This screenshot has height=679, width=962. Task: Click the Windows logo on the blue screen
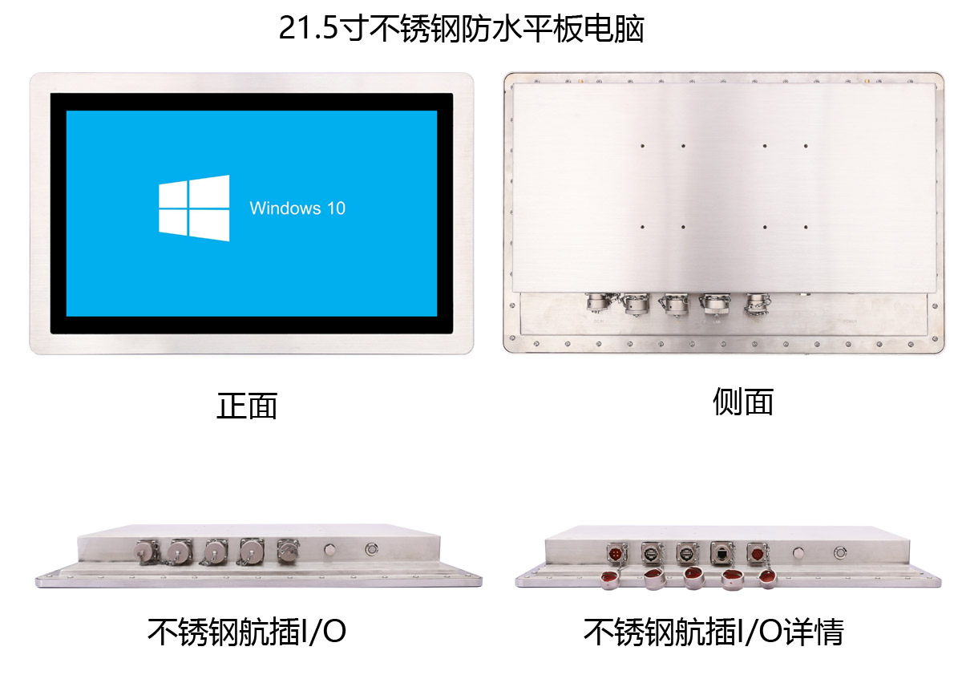(194, 208)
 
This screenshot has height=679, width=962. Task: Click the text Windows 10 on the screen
(297, 208)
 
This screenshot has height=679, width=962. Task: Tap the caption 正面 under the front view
(247, 406)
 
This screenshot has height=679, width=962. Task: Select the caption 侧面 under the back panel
(743, 401)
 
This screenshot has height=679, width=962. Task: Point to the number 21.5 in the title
(309, 28)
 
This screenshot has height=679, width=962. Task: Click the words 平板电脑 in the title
(583, 28)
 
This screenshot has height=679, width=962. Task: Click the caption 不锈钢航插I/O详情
(713, 632)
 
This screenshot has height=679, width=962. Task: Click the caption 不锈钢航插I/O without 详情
(247, 632)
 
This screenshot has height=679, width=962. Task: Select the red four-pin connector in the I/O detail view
(616, 553)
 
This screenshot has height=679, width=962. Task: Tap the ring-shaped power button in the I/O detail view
(839, 552)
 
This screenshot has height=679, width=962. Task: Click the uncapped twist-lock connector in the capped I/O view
(287, 551)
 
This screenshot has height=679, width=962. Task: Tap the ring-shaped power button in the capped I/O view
(371, 549)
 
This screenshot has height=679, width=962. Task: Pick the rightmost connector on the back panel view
(757, 305)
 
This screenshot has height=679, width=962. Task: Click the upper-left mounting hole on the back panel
(642, 146)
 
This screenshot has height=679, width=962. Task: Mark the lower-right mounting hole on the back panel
(806, 227)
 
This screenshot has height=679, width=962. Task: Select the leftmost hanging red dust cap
(610, 579)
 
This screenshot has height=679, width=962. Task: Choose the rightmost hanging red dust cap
(768, 578)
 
